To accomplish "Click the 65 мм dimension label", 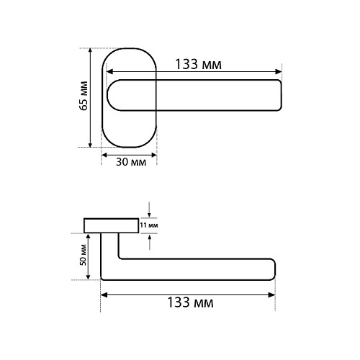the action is point(84,96).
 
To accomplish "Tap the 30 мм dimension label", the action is point(131,162).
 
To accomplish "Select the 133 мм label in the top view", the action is point(198,64).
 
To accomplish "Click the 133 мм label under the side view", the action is point(190,302).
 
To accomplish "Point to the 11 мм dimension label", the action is point(149,225).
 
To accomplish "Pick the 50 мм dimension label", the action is point(83,255).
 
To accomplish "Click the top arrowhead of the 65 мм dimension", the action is point(90,50).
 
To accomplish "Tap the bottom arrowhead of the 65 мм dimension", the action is point(90,145).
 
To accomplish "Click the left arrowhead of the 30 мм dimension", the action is point(104,155).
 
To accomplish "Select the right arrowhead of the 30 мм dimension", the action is point(154,155).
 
